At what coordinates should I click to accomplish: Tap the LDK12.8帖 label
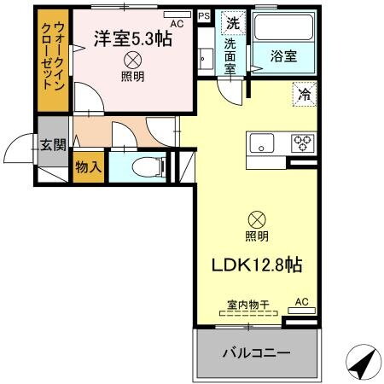(256, 265)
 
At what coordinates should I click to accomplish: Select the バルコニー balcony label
(257, 352)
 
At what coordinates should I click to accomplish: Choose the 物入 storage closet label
(88, 166)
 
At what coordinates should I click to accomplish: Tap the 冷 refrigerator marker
(305, 93)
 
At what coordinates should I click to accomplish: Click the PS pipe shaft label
(203, 15)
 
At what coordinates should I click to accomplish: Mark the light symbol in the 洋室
(132, 60)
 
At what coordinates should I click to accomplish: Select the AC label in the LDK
(301, 301)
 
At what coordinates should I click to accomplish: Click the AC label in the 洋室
(177, 25)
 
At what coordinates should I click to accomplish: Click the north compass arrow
(362, 364)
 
